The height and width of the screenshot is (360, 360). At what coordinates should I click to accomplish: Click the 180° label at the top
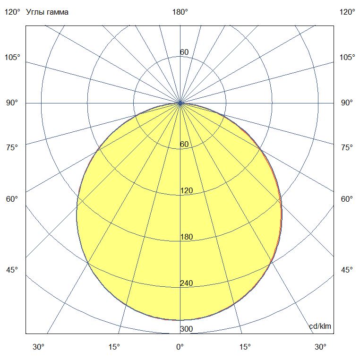tap(180, 12)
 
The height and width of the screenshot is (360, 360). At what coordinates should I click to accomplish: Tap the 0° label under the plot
tap(180, 347)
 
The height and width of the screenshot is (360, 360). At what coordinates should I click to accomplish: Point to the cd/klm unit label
tap(320, 326)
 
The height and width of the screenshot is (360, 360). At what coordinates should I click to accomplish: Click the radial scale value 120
tap(187, 191)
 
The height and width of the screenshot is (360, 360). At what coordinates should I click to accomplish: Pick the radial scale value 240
tap(187, 283)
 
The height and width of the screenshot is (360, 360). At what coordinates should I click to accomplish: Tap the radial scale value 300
tap(187, 329)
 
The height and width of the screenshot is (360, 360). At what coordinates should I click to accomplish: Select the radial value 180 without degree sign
tap(187, 237)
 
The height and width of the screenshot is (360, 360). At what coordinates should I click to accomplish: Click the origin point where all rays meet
tap(180, 103)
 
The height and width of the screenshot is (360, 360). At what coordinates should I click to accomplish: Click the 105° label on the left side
tap(12, 58)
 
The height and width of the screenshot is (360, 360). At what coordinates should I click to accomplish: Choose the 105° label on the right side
tap(347, 58)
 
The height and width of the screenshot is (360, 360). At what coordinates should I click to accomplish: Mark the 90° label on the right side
tap(347, 103)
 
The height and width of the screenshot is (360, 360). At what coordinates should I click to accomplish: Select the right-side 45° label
tap(347, 270)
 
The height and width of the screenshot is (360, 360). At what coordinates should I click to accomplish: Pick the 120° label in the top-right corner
tap(347, 12)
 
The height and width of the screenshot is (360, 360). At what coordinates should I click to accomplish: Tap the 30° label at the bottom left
tap(39, 347)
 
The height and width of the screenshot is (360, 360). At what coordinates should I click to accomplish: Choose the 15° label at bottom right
tap(245, 347)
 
